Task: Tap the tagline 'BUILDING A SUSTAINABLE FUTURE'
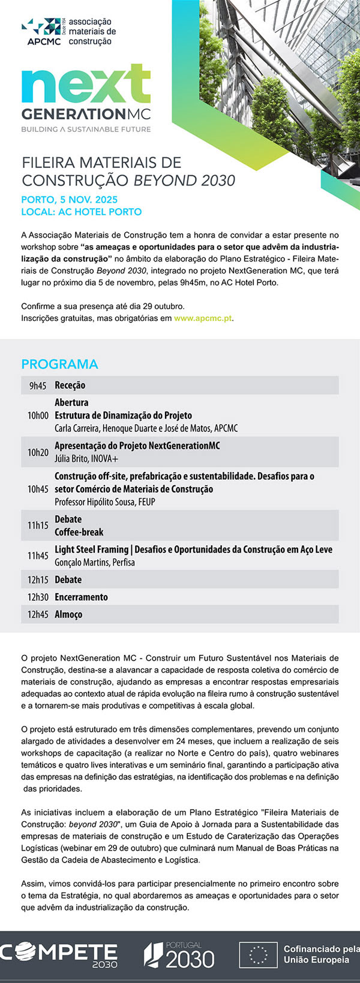click(86, 129)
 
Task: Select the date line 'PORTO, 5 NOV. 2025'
click(69, 200)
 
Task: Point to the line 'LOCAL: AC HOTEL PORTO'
click(81, 212)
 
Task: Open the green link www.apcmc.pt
click(203, 318)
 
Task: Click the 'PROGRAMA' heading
click(59, 364)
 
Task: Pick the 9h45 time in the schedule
click(37, 386)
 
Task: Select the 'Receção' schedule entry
click(70, 385)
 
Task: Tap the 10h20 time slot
click(38, 452)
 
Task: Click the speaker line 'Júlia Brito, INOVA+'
click(86, 459)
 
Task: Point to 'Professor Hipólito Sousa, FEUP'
click(104, 502)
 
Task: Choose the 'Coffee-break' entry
click(79, 532)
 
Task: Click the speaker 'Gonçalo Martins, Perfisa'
click(95, 563)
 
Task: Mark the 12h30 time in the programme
click(38, 597)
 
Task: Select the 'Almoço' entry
click(68, 614)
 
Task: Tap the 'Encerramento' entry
click(81, 597)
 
